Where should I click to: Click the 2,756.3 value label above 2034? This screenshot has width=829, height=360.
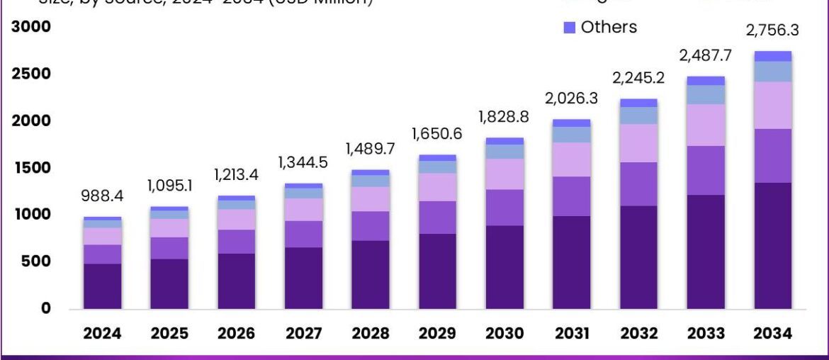click(772, 30)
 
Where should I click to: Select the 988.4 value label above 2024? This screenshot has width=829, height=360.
click(103, 196)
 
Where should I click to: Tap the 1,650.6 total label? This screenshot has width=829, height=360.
click(437, 133)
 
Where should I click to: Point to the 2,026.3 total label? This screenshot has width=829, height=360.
click(571, 98)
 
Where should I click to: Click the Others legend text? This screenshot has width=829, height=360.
click(609, 27)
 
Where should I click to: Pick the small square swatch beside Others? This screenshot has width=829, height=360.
click(570, 28)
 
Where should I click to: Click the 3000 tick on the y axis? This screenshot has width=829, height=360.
click(30, 27)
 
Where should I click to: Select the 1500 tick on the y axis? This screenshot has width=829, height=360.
click(30, 168)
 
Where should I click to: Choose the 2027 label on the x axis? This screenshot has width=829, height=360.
click(303, 334)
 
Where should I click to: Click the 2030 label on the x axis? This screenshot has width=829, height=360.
click(504, 334)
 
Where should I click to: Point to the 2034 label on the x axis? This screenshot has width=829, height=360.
click(772, 334)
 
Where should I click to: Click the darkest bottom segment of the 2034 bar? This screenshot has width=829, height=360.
click(772, 245)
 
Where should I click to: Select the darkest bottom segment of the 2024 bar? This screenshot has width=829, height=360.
click(103, 286)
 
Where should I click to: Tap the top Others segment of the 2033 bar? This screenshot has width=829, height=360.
click(706, 81)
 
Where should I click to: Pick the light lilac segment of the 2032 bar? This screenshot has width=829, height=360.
click(638, 143)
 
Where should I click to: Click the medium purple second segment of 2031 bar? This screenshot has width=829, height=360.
click(571, 196)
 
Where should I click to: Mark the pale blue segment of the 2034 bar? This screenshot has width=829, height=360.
click(772, 72)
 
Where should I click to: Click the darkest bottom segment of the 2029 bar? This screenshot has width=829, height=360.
click(437, 271)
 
